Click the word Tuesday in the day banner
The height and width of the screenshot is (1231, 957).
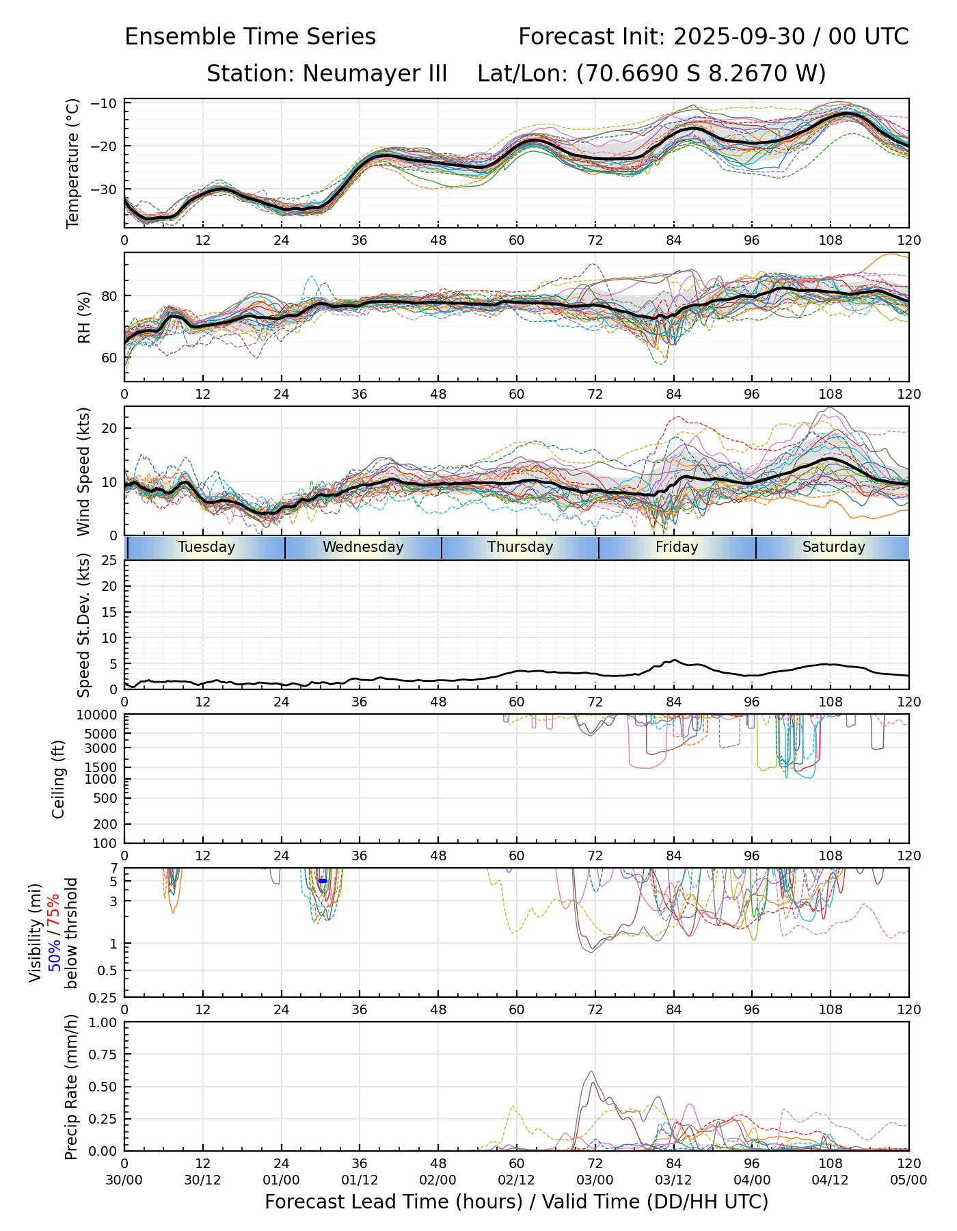point(206,547)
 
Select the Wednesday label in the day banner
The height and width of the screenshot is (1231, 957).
point(363,547)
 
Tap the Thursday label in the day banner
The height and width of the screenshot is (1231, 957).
point(520,547)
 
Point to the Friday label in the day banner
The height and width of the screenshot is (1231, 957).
point(677,547)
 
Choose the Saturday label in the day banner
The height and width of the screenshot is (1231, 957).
point(833,547)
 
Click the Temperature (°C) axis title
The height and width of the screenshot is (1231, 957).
point(73,163)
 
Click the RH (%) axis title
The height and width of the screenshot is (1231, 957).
point(84,317)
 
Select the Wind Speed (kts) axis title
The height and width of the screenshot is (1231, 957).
point(83,471)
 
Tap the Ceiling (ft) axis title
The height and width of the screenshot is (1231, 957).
point(59,779)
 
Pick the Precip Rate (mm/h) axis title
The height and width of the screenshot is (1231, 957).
point(71,1087)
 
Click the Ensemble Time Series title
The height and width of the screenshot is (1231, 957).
point(250,37)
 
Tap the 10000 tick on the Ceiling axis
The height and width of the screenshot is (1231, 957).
point(99,715)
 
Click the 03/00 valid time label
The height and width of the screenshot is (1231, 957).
point(595,1180)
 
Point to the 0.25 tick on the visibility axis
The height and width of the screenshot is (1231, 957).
point(104,997)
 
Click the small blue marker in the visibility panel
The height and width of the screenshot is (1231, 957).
point(322,881)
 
